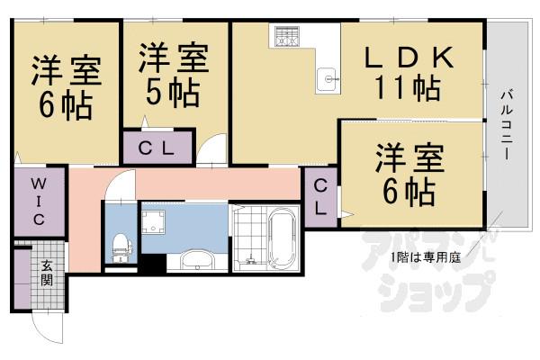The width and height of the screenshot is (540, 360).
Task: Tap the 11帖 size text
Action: tap(406, 90)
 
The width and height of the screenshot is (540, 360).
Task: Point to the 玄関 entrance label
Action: tap(46, 272)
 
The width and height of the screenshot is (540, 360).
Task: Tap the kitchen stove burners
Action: tap(287, 38)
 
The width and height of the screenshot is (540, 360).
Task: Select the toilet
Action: tap(120, 243)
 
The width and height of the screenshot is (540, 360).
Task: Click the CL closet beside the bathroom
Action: tap(320, 195)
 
